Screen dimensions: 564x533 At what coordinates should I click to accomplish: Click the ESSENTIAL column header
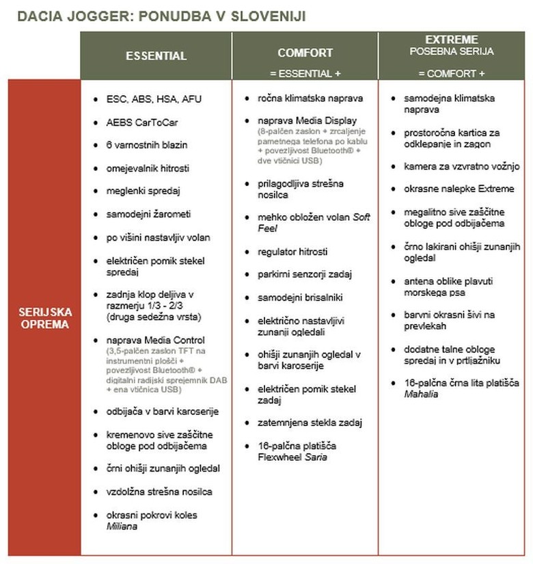(156, 56)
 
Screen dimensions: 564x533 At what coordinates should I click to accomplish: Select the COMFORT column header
(305, 53)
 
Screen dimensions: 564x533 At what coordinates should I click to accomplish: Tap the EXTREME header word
(452, 40)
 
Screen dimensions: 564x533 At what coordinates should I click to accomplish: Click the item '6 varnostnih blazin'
(146, 145)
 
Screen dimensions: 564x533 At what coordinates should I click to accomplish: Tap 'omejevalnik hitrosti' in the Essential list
(148, 168)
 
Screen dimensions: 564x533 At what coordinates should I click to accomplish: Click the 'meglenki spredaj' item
(143, 191)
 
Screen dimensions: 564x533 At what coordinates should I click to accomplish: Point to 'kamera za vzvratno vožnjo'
(461, 166)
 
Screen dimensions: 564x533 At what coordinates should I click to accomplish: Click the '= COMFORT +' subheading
(451, 72)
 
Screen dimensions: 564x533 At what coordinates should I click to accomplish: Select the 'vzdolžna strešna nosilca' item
(159, 492)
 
